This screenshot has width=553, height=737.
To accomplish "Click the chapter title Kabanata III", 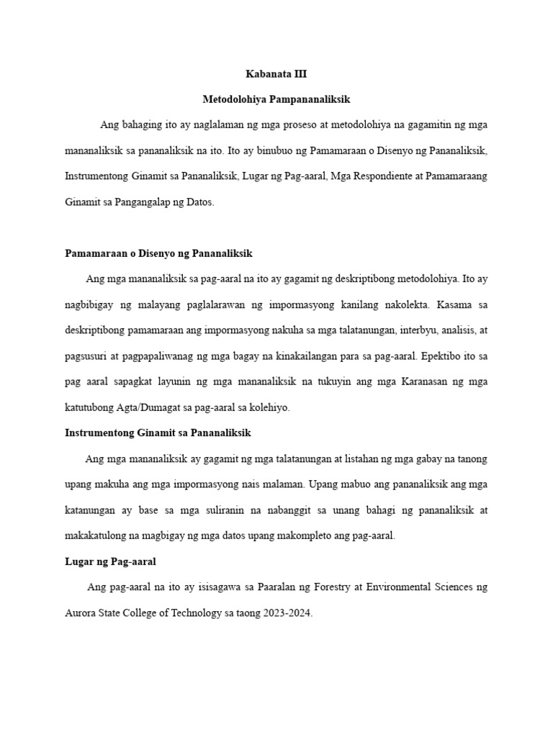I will point(276,73).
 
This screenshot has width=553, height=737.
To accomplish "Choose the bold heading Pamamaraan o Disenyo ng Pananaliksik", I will point(158,254).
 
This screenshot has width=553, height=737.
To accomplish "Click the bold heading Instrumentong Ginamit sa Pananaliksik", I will point(158,433).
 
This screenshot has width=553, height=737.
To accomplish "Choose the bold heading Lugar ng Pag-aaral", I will point(110,561).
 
